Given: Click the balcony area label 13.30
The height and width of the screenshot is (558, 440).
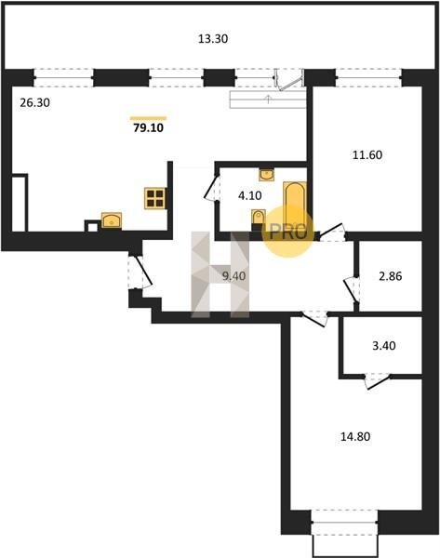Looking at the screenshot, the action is click(x=213, y=38).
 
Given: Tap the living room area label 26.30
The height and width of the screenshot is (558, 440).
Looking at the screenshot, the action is click(x=35, y=103).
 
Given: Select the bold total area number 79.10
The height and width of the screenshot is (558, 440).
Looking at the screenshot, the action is click(x=149, y=127).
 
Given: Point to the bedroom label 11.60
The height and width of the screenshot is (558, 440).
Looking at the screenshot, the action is click(x=367, y=154).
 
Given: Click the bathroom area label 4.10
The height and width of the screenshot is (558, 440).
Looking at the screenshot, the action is click(x=250, y=195).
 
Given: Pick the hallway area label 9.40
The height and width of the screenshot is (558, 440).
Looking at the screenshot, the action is click(x=233, y=276).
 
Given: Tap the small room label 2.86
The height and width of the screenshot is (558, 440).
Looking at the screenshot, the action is click(x=391, y=276).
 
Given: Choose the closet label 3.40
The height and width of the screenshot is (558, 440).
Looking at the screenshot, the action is click(x=384, y=346).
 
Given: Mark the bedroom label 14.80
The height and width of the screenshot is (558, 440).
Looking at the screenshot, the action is click(x=355, y=436).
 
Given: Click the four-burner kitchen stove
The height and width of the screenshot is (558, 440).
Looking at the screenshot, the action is click(x=155, y=198).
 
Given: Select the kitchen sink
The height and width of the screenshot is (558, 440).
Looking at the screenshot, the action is click(x=112, y=220).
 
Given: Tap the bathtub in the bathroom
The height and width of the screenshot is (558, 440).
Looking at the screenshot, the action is click(x=295, y=206).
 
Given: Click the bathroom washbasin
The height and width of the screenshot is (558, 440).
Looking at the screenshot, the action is click(x=266, y=175).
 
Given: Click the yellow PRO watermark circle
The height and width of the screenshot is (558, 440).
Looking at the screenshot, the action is click(x=288, y=231).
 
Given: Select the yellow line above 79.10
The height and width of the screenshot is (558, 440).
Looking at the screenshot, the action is click(x=149, y=118).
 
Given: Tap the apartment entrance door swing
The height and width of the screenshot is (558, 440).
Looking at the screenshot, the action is click(x=141, y=272).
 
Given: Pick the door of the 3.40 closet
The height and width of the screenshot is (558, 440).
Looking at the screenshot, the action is click(x=378, y=380).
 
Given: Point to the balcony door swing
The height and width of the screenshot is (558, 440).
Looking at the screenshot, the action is click(x=289, y=80).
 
